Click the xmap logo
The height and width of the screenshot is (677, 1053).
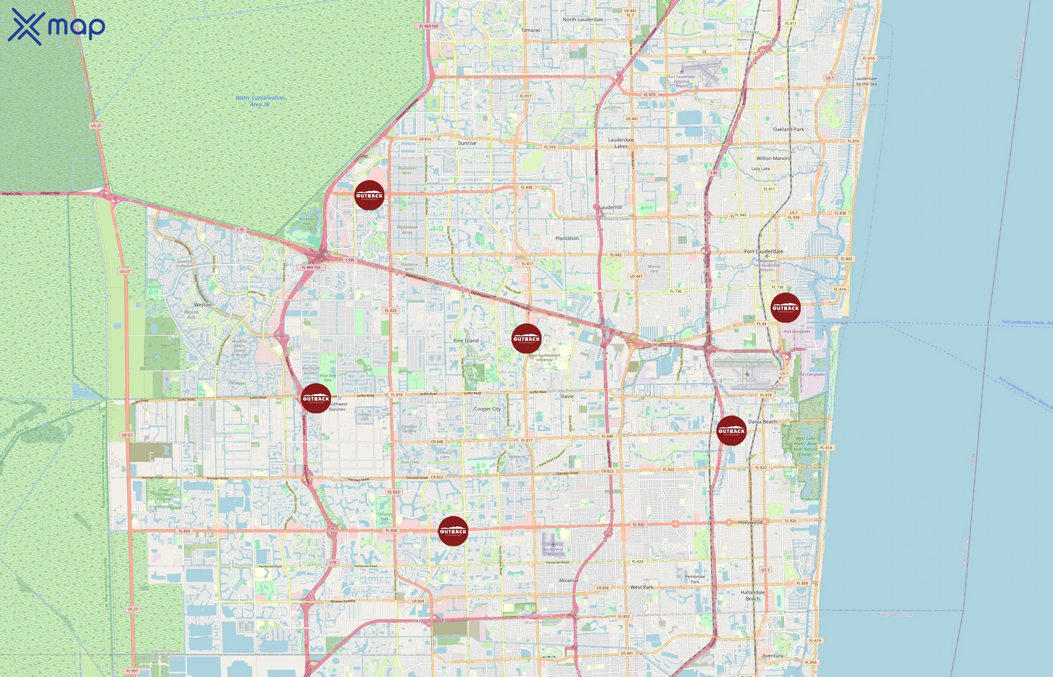(56, 26)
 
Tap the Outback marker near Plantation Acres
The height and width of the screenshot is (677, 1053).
(369, 195)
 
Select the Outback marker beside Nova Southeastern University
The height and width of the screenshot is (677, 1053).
(526, 338)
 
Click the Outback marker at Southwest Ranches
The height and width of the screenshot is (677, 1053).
(316, 398)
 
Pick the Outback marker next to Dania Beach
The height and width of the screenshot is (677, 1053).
(731, 430)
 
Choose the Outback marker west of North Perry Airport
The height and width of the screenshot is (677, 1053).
(453, 531)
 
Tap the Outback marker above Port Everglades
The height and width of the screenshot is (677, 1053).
(785, 308)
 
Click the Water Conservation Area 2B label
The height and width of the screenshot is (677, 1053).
(260, 101)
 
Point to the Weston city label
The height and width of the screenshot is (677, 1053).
(203, 305)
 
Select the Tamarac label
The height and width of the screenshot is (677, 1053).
(531, 30)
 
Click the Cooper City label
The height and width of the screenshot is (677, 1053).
(487, 409)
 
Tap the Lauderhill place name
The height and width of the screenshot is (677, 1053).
(610, 207)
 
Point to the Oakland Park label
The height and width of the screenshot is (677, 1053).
(788, 129)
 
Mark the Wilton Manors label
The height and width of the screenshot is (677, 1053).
(773, 158)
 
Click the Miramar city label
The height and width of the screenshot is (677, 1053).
(569, 580)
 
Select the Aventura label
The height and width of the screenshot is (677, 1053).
(772, 656)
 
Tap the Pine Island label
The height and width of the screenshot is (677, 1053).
(466, 341)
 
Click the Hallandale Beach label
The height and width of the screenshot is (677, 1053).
(753, 595)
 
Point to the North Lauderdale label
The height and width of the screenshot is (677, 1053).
(583, 19)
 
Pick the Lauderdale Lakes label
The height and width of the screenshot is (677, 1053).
(621, 143)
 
